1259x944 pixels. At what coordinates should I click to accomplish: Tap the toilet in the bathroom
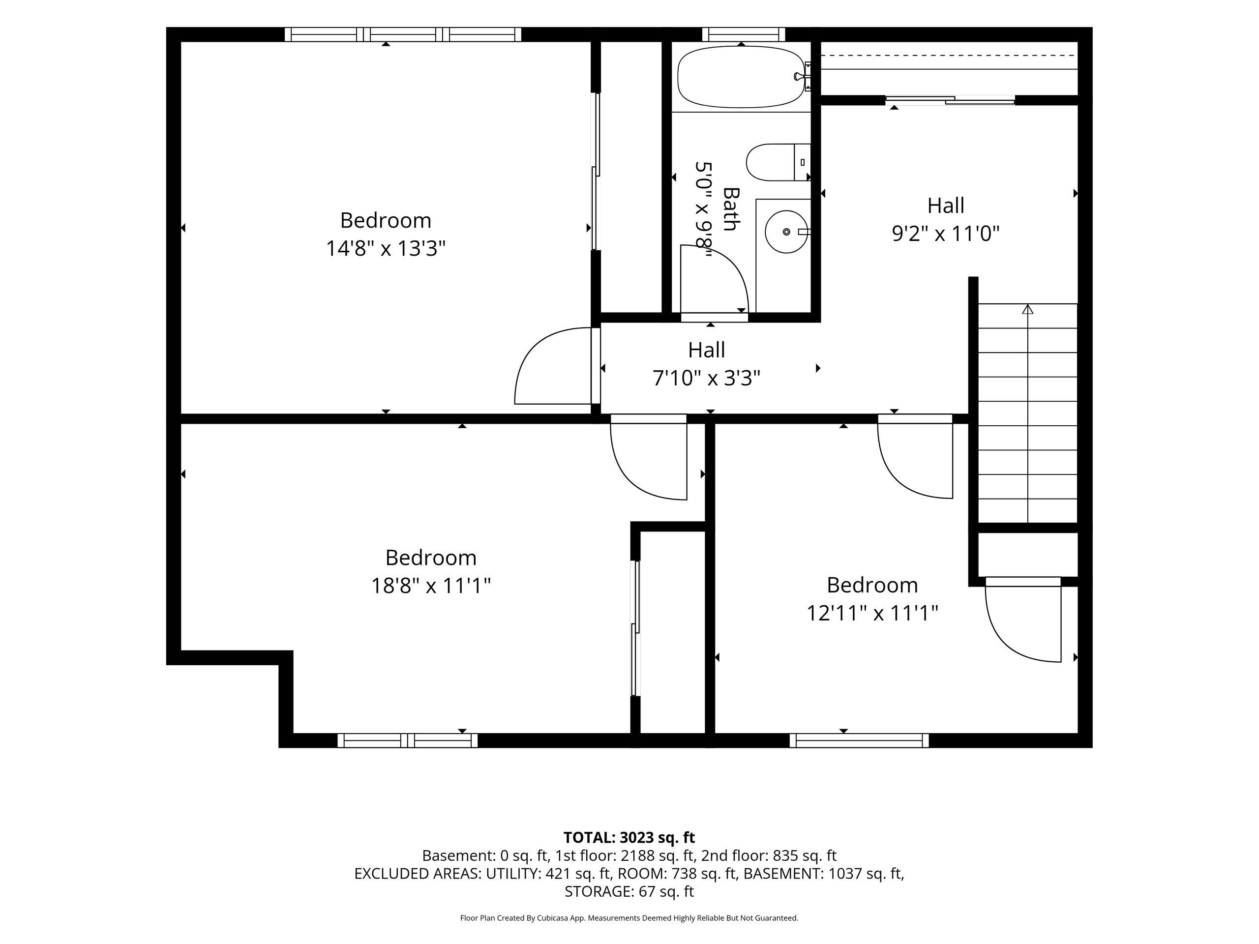(x=778, y=162)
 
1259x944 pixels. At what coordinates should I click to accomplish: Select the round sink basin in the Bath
(x=786, y=232)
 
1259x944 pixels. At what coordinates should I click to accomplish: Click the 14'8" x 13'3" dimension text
(x=386, y=249)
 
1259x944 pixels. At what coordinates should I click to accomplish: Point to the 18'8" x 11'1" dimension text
(x=431, y=586)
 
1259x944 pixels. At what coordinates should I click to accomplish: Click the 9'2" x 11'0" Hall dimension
(x=946, y=234)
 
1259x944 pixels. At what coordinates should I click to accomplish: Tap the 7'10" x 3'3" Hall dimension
(x=706, y=378)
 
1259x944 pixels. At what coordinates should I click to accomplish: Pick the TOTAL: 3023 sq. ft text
(x=629, y=838)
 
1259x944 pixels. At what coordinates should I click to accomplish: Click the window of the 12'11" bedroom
(x=859, y=740)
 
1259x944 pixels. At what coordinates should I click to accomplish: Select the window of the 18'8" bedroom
(x=408, y=740)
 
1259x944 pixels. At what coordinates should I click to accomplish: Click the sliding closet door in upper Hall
(x=951, y=101)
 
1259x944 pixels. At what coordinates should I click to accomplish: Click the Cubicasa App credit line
(x=629, y=918)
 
